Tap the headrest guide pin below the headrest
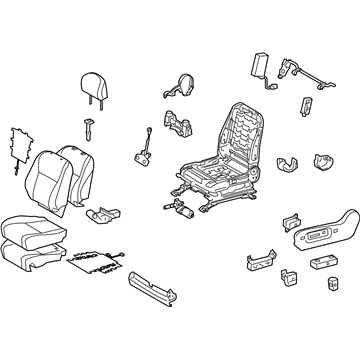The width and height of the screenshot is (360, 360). [x=89, y=130]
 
